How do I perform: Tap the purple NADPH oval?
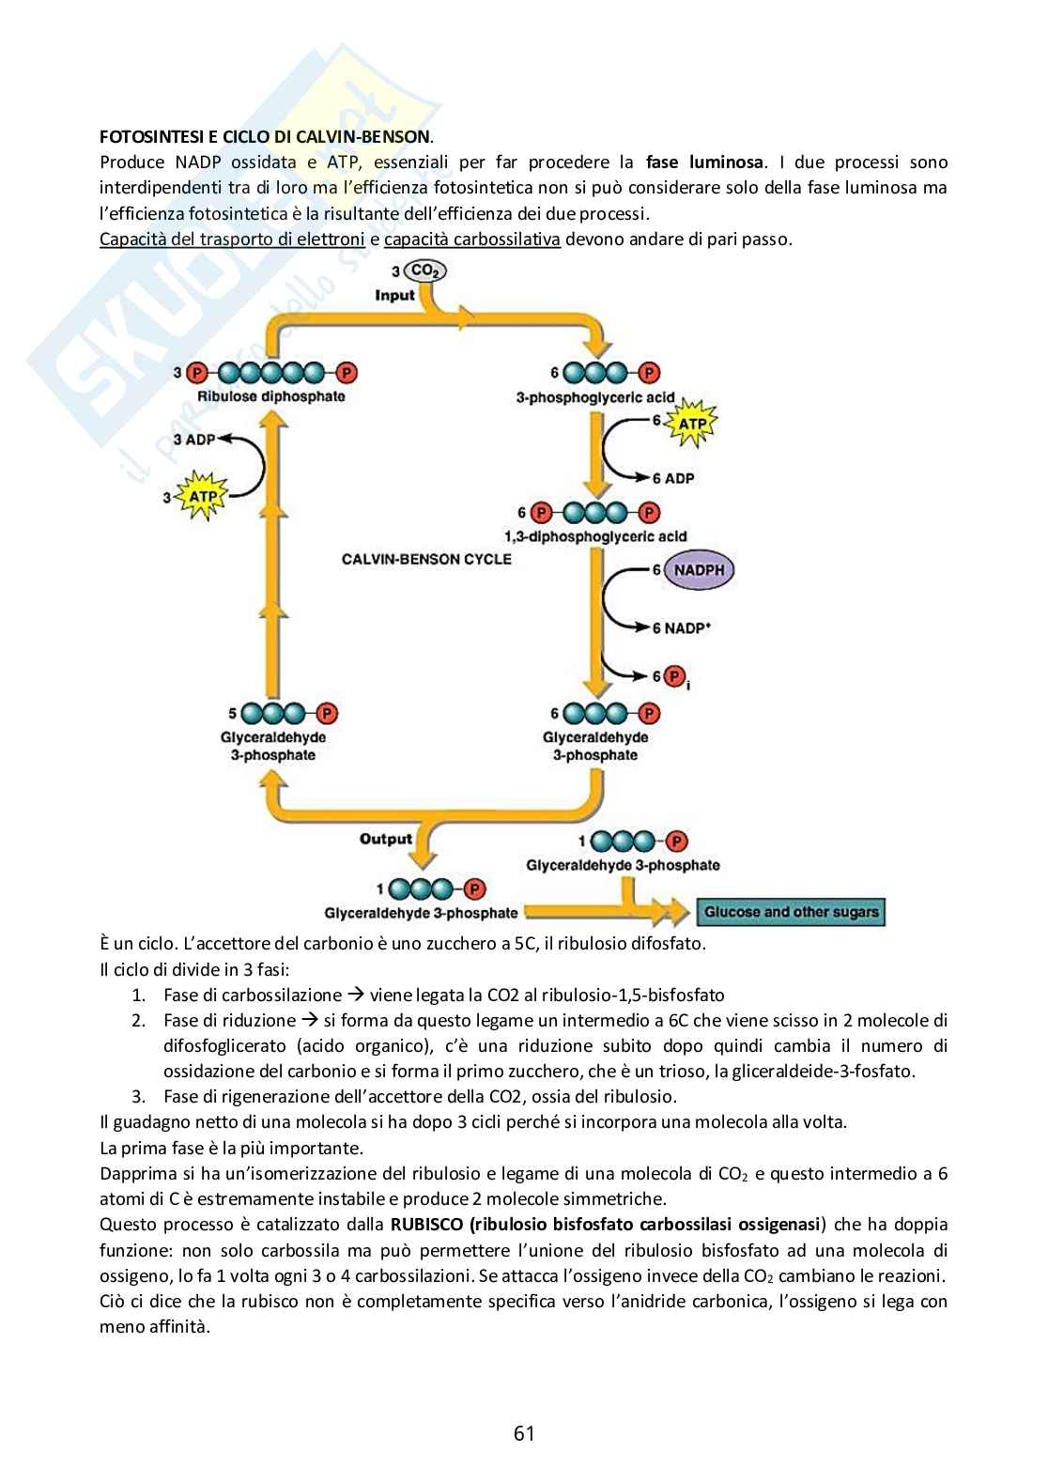698,569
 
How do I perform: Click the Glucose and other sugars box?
791,912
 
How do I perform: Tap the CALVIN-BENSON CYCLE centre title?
426,560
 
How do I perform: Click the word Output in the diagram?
386,839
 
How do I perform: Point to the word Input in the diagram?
395,295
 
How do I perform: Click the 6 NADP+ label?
678,628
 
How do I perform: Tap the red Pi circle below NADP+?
673,676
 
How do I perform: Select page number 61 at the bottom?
524,1433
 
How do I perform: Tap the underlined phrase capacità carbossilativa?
472,239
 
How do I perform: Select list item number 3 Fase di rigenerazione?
420,1096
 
